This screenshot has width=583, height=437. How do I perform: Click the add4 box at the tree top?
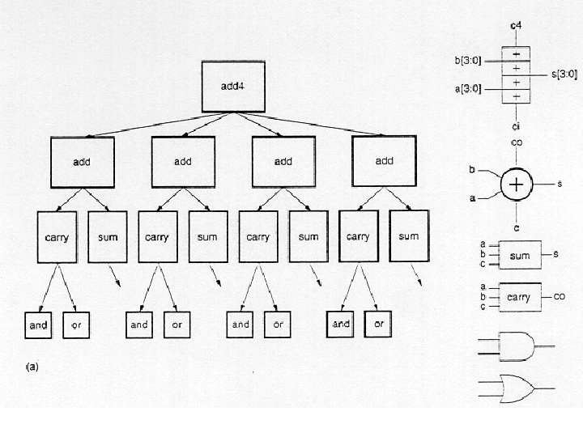coord(232,87)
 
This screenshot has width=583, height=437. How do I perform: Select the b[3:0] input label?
coord(469,60)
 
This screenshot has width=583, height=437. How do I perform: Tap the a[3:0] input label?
coord(468,89)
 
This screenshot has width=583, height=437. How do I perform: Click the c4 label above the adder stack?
coord(516,27)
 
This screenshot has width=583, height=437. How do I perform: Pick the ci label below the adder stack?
coord(516,127)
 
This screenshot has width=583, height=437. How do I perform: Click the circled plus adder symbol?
coord(517,185)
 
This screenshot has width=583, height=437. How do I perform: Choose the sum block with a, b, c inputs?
coord(519,256)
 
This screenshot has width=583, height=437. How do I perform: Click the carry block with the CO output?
coord(519,297)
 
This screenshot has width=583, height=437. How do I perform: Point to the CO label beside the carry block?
coord(560,297)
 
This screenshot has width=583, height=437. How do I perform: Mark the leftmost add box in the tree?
coord(82,162)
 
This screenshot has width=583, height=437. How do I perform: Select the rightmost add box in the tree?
coord(385,161)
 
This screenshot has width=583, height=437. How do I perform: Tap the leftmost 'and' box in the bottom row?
coord(39,325)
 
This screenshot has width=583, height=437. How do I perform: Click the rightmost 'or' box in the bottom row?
coord(377,325)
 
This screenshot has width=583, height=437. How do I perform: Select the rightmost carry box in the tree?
coord(358,236)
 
